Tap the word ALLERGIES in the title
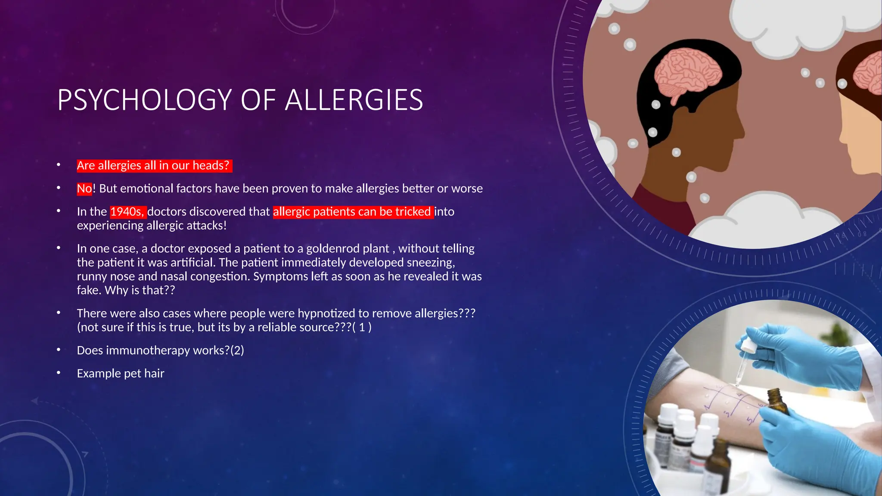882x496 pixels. [x=354, y=100]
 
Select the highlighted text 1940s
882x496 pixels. [x=127, y=211]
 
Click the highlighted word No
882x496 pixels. [x=84, y=189]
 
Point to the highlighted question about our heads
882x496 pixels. [x=153, y=165]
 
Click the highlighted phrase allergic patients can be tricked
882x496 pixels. [x=352, y=211]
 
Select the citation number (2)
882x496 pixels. [x=237, y=350]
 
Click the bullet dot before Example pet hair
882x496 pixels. [x=59, y=373]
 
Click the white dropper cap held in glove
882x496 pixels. [x=749, y=345]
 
